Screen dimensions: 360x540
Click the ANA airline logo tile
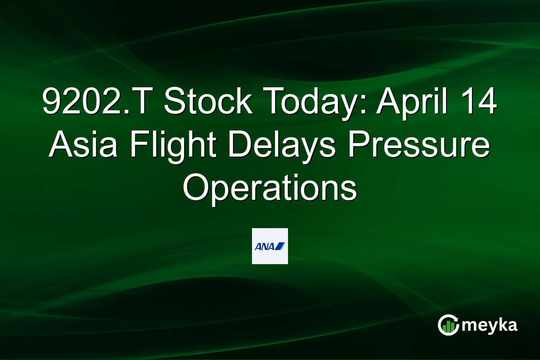[270, 246]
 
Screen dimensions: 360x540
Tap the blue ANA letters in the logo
[264, 246]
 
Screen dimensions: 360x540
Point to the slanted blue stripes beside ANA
[280, 246]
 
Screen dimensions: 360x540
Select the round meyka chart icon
[449, 325]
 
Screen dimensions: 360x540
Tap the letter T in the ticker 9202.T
[145, 103]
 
